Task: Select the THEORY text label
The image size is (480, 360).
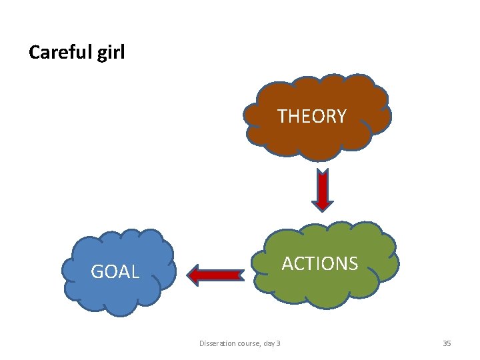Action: pos(312,117)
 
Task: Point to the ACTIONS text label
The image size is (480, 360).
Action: pos(319,264)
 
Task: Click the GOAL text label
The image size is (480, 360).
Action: pos(115,272)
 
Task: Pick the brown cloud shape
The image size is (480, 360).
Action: pos(313,140)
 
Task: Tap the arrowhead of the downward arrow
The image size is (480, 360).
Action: pos(323,203)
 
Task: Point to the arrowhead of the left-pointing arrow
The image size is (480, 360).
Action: pos(195,274)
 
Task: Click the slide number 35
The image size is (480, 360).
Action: pos(447,343)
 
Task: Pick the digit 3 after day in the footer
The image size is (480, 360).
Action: pos(278,343)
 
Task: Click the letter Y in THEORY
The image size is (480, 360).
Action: pos(341,117)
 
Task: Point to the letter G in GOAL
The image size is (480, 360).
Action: pos(97,272)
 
